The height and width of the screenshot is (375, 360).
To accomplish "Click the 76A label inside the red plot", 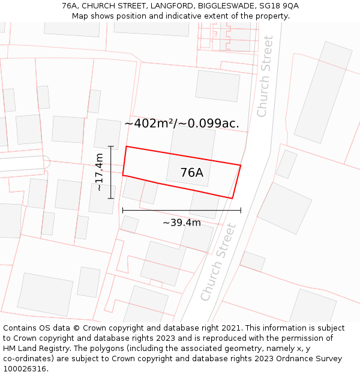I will click(x=191, y=173).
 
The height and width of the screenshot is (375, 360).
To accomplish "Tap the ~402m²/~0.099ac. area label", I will click(x=181, y=124).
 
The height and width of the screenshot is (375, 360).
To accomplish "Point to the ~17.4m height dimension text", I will click(x=99, y=172).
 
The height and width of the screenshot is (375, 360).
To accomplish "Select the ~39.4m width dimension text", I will click(x=182, y=223).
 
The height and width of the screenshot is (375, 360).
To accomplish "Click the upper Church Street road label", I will click(x=265, y=76).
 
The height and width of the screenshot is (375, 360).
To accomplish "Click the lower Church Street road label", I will click(x=218, y=262).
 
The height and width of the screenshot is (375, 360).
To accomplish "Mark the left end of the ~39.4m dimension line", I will click(x=122, y=211).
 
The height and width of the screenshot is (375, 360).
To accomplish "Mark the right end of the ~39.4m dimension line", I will click(x=241, y=211).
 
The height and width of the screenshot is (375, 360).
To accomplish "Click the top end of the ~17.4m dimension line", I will click(x=111, y=146).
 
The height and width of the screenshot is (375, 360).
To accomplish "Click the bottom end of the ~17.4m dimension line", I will click(x=111, y=198).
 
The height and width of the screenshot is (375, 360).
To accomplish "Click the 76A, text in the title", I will click(x=71, y=6).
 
